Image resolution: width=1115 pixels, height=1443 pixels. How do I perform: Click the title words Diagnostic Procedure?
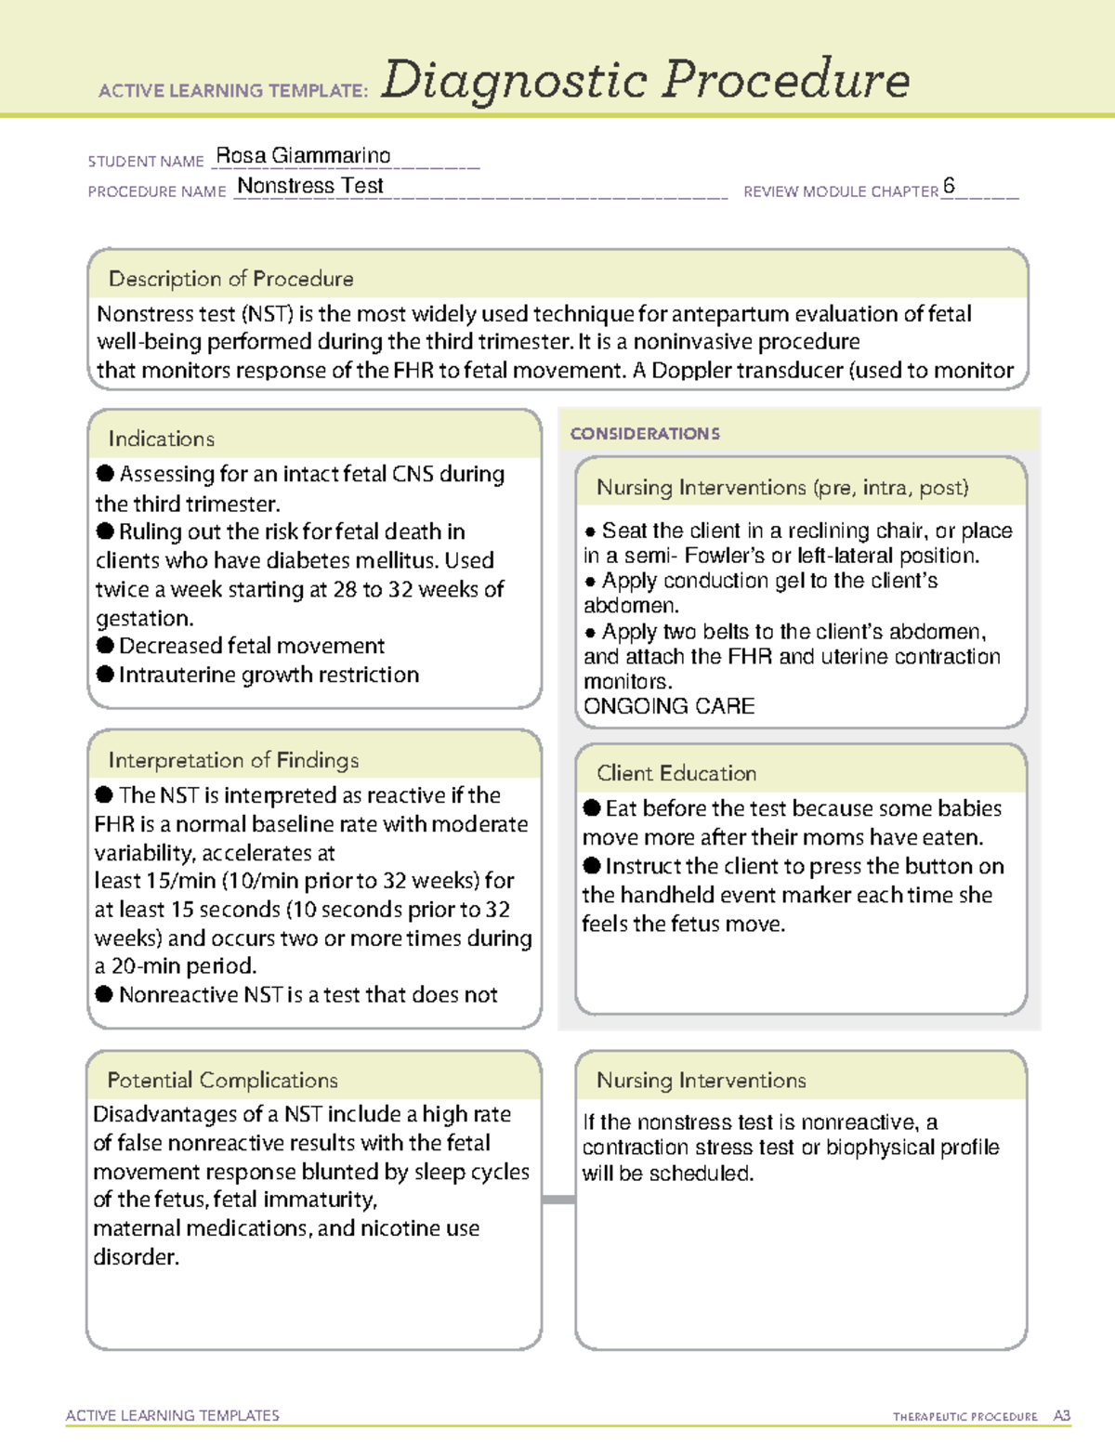645,80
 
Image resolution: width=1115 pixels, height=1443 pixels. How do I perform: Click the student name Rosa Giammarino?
303,156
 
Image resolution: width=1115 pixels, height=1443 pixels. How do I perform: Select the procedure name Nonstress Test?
310,186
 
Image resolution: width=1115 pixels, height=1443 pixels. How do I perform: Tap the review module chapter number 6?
949,186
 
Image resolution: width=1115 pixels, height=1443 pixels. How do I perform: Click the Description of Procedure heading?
230,279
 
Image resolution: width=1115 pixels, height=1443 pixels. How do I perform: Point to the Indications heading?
162,439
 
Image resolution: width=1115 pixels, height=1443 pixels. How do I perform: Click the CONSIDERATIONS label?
645,434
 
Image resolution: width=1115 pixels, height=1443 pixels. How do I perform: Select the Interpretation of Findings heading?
233,760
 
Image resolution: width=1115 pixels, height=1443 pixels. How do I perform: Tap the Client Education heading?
676,773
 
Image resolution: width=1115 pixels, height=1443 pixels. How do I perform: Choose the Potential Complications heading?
222,1080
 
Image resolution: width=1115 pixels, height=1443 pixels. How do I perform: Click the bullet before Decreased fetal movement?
105,645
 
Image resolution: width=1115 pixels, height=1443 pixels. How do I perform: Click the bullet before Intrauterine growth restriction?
105,674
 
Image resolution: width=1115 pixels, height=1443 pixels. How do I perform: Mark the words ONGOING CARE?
669,706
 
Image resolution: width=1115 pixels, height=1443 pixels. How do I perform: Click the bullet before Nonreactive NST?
105,994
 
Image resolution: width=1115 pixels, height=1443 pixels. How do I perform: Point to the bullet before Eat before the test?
592,807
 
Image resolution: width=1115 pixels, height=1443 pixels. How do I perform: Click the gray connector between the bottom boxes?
558,1200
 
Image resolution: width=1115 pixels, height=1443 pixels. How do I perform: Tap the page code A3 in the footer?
1061,1416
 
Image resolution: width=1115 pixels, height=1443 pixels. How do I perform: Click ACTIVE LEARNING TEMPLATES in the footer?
173,1415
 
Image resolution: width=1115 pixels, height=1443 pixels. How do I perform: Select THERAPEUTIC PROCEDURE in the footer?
964,1417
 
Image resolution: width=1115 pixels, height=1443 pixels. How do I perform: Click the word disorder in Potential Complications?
136,1257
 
